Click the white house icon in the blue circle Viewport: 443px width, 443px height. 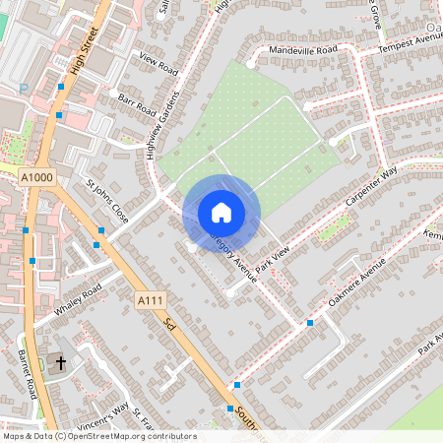point(221,212)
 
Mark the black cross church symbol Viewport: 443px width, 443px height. point(60,363)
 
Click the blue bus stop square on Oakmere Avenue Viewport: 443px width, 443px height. point(310,323)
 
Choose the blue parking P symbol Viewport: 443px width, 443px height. point(22,89)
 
